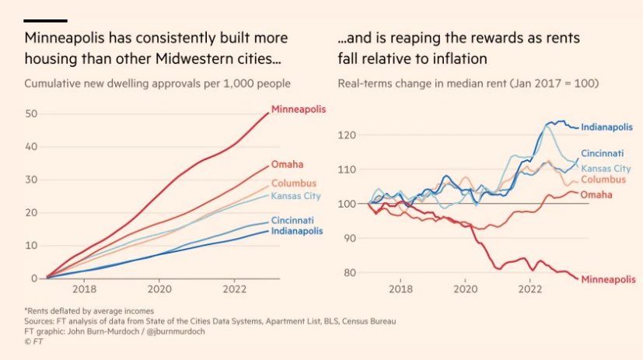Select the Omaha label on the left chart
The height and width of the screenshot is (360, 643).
point(287,164)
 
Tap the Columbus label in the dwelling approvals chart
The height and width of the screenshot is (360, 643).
point(294,183)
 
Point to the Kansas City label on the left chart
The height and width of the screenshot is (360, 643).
point(296,195)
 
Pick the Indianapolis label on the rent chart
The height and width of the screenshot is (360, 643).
point(607,127)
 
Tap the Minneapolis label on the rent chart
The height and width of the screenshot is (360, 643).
point(608,278)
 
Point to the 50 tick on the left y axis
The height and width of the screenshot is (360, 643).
point(31,114)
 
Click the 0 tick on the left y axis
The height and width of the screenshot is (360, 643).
point(34,278)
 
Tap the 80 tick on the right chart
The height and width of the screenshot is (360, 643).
point(349,273)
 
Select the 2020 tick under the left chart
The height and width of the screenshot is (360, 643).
point(159,289)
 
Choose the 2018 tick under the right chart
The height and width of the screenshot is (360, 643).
point(400,289)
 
